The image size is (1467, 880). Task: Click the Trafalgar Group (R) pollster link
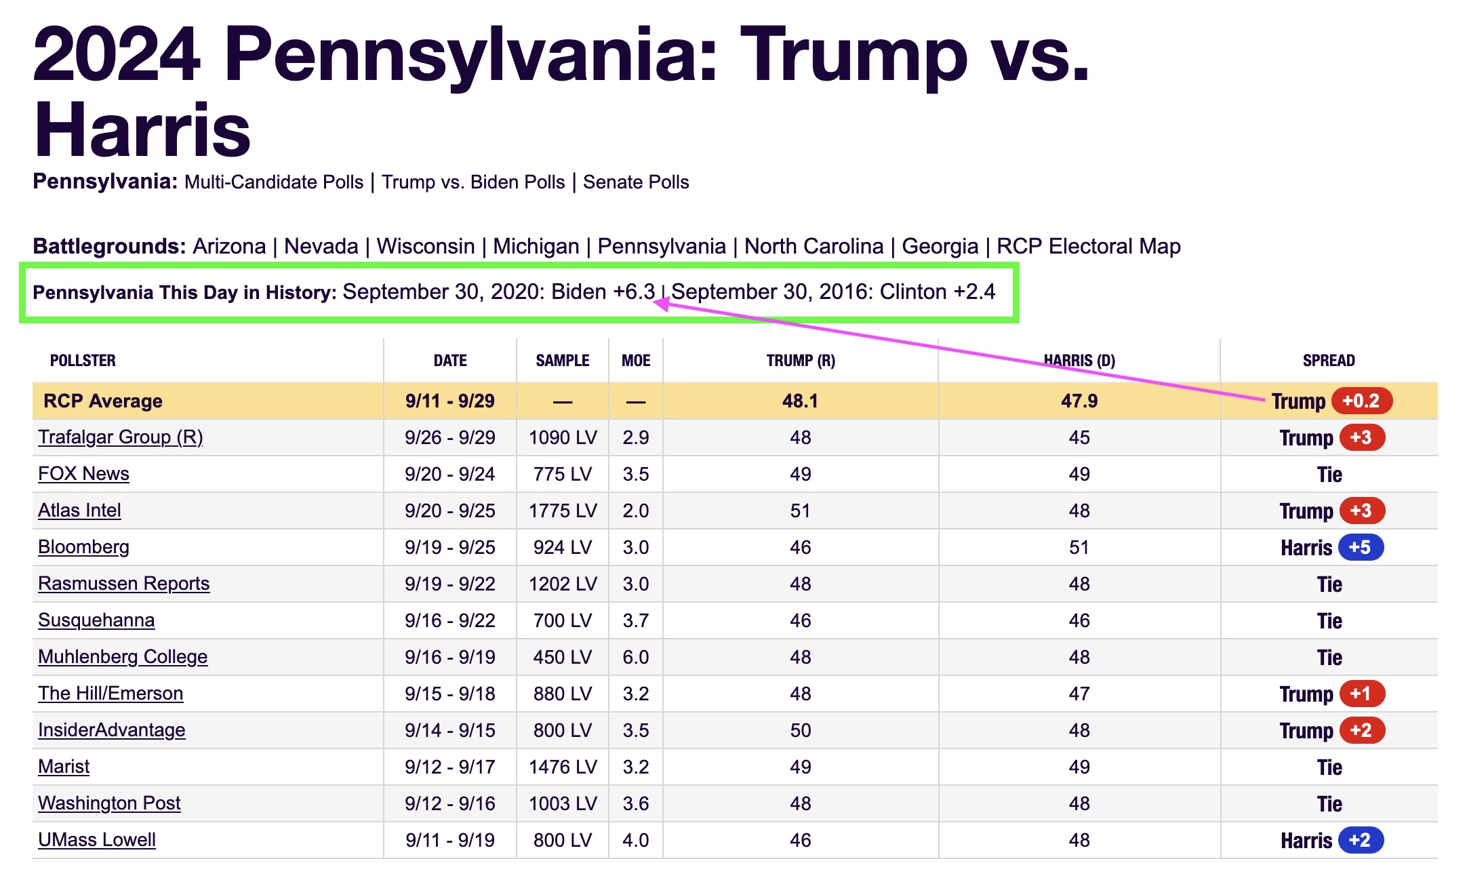(121, 437)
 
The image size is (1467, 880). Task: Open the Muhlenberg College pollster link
(123, 657)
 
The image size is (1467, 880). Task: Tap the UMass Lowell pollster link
(97, 840)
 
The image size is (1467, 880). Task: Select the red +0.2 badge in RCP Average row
(1361, 401)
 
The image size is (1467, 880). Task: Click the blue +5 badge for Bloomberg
(1360, 547)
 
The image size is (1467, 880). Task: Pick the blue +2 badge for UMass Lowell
(1360, 840)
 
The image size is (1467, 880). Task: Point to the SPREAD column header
(1329, 361)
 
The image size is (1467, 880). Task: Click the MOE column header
(636, 361)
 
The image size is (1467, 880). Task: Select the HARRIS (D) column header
(1079, 361)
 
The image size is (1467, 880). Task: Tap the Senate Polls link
(636, 182)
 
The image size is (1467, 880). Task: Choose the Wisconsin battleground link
(426, 246)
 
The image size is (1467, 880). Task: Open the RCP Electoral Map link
(1089, 246)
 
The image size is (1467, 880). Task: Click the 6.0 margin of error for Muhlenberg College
(636, 657)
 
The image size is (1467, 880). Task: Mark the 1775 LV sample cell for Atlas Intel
(563, 511)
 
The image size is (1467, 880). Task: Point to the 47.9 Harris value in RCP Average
(1079, 401)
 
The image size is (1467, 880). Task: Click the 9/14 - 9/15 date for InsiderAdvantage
(450, 730)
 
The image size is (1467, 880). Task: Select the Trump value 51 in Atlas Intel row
(801, 511)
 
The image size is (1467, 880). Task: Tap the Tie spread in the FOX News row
(1329, 475)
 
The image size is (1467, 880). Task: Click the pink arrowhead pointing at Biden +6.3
(662, 304)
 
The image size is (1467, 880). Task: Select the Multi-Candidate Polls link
(274, 182)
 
